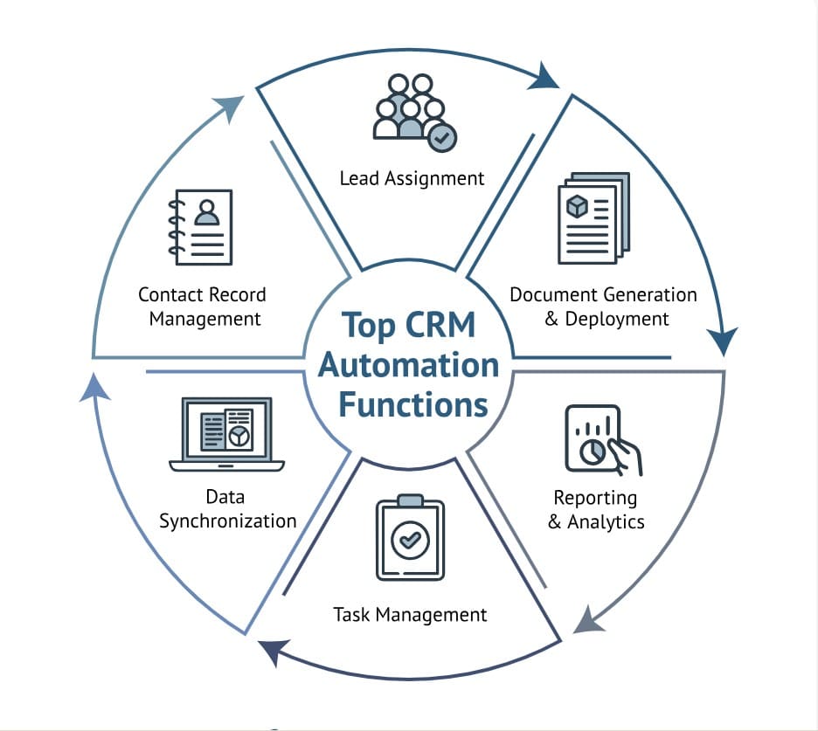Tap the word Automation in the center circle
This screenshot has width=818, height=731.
[408, 364]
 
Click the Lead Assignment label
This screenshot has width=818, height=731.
[412, 178]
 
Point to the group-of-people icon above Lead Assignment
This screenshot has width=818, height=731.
[406, 107]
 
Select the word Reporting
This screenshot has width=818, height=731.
[595, 498]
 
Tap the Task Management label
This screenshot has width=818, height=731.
[410, 615]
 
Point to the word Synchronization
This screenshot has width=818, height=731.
[227, 521]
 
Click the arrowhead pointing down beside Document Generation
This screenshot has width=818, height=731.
[726, 341]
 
